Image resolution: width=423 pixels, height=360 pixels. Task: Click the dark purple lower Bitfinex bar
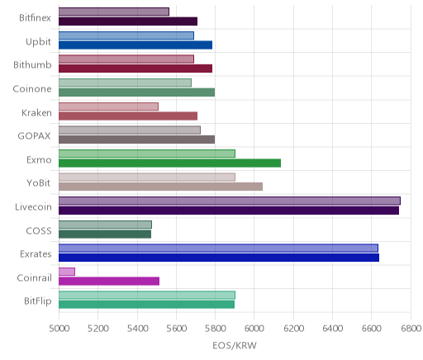(128, 21)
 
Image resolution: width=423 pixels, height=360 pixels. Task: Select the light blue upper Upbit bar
(126, 36)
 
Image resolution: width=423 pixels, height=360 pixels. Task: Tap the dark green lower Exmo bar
(169, 163)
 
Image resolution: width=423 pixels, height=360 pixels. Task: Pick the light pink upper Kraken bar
(108, 107)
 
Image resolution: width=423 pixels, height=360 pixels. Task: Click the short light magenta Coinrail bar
(67, 272)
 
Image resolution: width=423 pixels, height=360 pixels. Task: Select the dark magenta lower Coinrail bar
(109, 281)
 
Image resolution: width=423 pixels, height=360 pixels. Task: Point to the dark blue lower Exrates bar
(219, 258)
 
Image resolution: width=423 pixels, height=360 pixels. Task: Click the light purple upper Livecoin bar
(230, 201)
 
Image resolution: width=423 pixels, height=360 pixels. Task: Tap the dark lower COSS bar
(105, 234)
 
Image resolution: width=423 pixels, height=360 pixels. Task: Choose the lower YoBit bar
(160, 187)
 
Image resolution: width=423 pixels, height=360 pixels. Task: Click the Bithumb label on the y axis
(32, 65)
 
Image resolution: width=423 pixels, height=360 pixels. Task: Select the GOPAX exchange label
(34, 136)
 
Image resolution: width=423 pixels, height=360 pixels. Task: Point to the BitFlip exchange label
(38, 301)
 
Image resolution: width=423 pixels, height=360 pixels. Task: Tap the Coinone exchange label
(32, 89)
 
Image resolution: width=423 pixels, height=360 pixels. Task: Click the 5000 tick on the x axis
(59, 329)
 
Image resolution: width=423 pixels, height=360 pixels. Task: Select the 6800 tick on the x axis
(411, 329)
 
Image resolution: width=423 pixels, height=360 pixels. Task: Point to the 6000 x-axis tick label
(254, 329)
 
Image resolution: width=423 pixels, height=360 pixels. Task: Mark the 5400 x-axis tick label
(137, 329)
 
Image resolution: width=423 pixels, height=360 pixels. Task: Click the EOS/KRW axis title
(235, 345)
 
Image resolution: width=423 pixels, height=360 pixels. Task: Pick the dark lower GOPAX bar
(136, 140)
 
